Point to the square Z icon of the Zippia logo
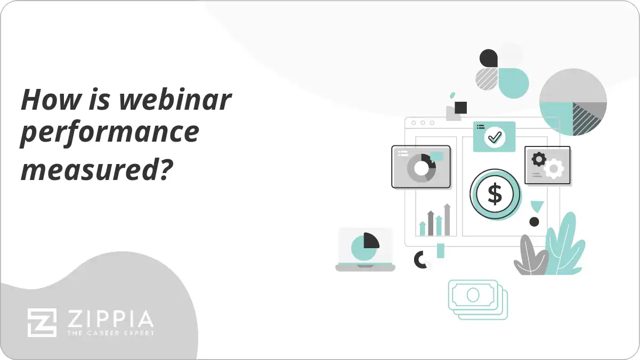tap(42, 322)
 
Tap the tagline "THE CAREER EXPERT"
tap(110, 333)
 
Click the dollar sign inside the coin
tap(495, 194)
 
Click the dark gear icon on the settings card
tap(539, 159)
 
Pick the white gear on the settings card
tap(554, 168)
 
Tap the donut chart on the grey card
tap(422, 168)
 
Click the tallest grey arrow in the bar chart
tap(447, 219)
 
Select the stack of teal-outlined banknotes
tap(477, 298)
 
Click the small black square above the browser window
tap(461, 107)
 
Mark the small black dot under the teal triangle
tap(534, 222)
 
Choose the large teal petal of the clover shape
tap(513, 83)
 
